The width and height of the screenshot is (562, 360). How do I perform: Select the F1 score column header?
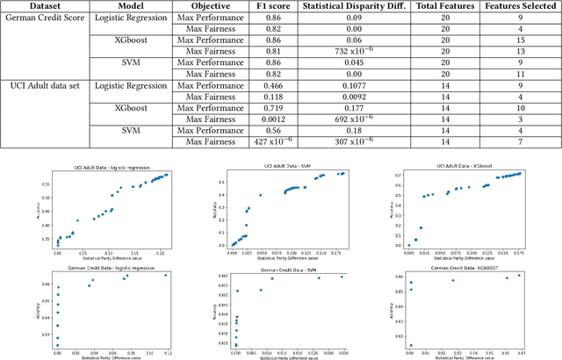point(267,5)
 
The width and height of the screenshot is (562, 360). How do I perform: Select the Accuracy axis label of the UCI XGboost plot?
point(393,211)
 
